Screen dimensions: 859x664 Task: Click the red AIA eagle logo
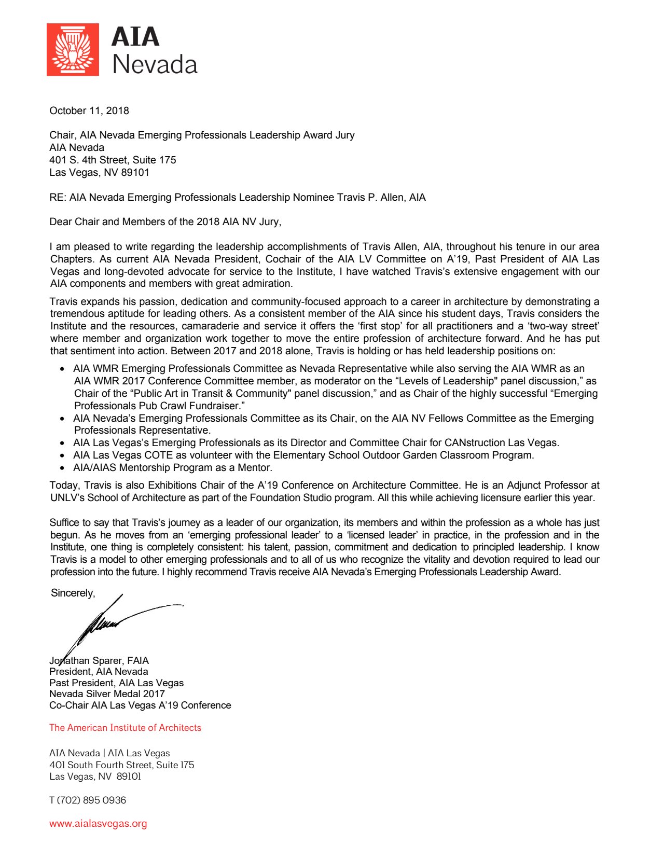pos(73,50)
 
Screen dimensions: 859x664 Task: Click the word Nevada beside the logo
pos(155,65)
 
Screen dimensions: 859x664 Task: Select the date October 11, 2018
pos(89,110)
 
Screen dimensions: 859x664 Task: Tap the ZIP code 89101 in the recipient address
pos(135,172)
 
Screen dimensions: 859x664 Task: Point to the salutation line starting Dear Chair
pos(165,221)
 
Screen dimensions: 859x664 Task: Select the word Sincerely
pos(73,593)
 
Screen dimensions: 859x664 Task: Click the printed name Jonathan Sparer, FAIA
pos(99,660)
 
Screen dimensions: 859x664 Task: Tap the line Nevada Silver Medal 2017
pos(107,694)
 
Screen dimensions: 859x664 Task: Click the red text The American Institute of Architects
pos(125,727)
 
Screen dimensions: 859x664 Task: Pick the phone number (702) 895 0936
pos(91,800)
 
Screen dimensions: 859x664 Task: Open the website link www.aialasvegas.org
pos(98,823)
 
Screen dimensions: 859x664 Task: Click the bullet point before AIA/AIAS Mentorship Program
pos(62,468)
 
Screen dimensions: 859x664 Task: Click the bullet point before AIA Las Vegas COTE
pos(62,455)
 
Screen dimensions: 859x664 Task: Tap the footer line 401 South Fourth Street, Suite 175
pos(121,765)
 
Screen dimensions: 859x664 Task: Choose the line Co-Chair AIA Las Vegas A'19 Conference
pos(140,705)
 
